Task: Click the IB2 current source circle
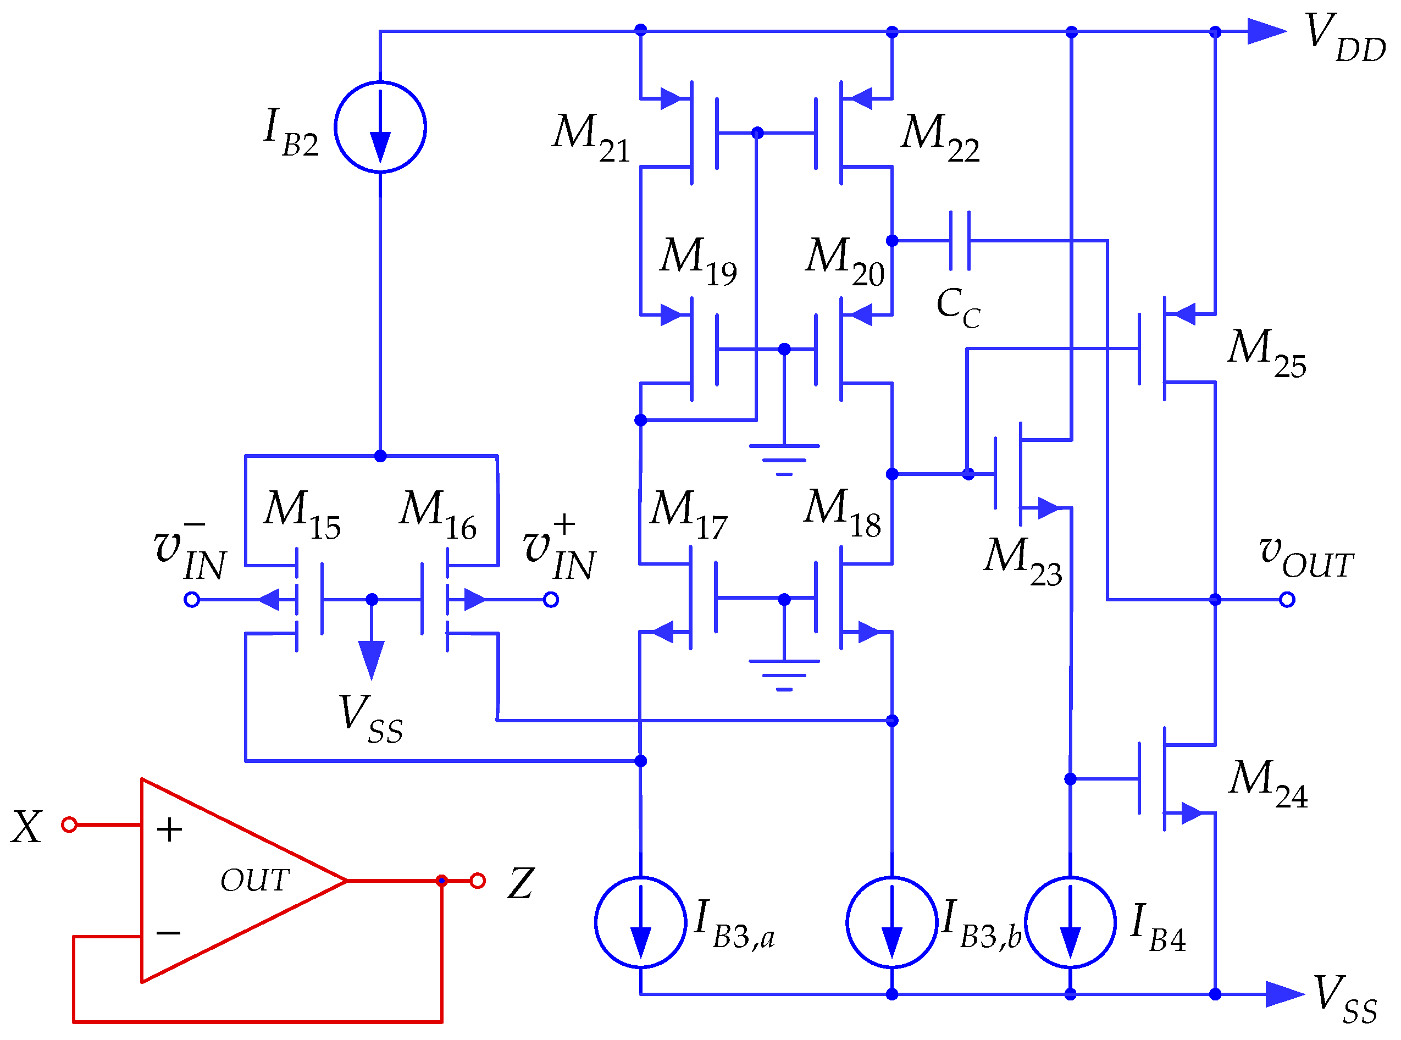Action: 380,126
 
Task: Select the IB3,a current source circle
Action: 640,922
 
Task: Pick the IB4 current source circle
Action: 1070,922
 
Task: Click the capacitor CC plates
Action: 959,240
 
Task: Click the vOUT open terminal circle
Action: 1287,599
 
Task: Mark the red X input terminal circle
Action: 69,824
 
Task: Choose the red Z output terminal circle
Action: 477,880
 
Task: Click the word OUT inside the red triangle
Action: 254,880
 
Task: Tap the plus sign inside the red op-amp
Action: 169,829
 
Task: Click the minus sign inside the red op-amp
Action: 168,932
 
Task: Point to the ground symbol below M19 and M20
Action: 784,459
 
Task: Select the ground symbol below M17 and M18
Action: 784,675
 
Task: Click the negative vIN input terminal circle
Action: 192,599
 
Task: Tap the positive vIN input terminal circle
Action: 551,599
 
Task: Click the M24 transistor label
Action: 1267,783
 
